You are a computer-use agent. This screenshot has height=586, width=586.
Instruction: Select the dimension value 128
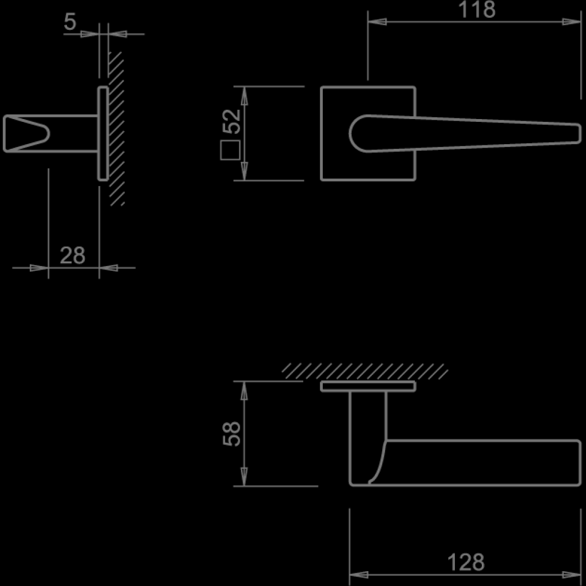[x=466, y=563]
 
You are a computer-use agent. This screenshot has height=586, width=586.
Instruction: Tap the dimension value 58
[x=232, y=434]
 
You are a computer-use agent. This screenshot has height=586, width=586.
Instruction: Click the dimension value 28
[x=73, y=256]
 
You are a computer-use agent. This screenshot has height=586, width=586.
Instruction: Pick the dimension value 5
[x=70, y=22]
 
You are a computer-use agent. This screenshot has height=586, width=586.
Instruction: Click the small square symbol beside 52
[x=229, y=149]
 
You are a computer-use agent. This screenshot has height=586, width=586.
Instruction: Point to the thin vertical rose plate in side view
[x=102, y=133]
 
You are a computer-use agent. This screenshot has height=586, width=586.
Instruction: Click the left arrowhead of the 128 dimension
[x=358, y=574]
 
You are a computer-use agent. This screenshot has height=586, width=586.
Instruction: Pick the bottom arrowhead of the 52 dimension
[x=244, y=171]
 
